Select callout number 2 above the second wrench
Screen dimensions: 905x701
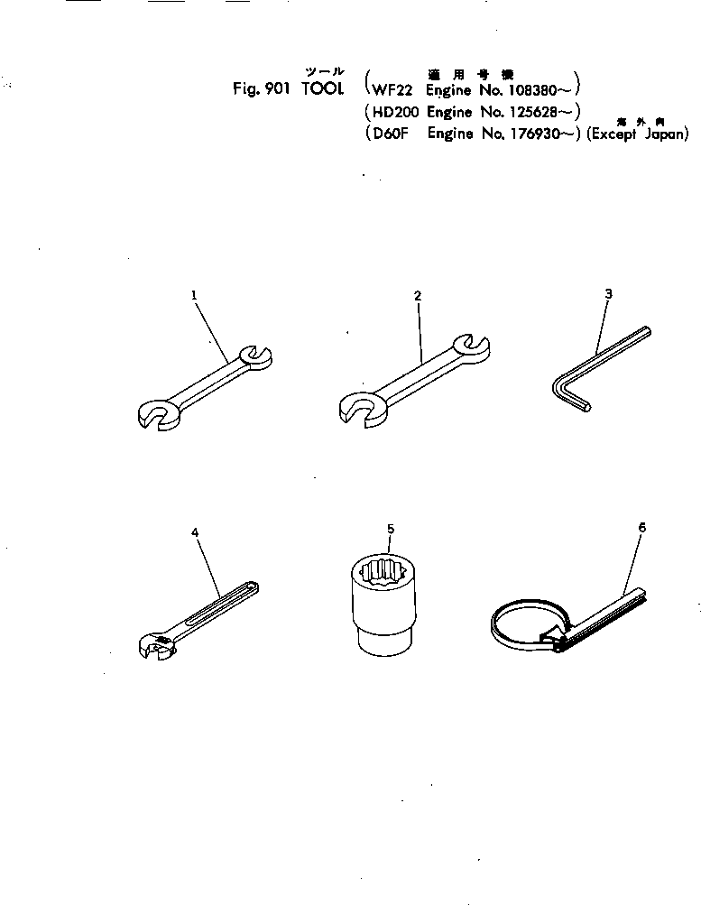click(418, 295)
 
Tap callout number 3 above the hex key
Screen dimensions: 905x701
click(608, 293)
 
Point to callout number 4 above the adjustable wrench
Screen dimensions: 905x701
click(195, 532)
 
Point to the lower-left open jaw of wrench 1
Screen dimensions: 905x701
click(160, 414)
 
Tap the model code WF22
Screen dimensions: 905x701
click(390, 89)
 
